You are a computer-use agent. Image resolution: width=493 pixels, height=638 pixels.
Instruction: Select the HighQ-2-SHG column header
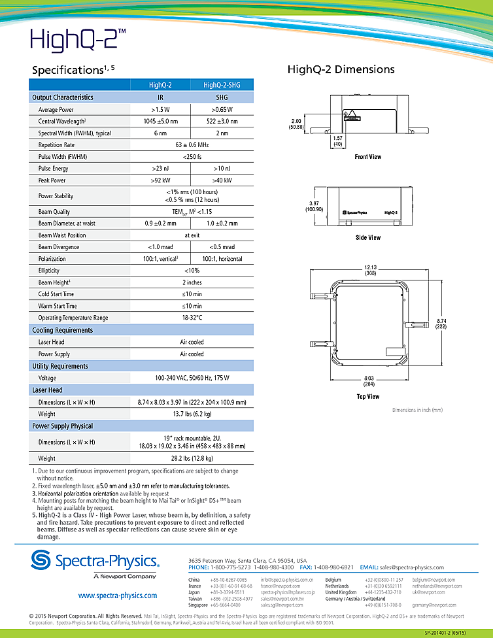[222, 85]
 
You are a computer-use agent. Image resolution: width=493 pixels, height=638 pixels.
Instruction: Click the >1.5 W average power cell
[160, 110]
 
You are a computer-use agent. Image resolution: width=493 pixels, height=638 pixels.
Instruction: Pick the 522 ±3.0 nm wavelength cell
[222, 122]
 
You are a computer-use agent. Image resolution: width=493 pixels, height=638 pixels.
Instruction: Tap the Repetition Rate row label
[56, 145]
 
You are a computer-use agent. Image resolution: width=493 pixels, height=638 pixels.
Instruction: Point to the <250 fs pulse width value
[192, 157]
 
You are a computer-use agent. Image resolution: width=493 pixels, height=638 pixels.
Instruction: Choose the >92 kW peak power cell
[160, 180]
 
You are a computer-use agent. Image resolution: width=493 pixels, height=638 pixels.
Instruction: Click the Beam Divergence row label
[59, 247]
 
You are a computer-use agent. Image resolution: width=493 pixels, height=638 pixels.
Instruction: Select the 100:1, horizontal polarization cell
[222, 259]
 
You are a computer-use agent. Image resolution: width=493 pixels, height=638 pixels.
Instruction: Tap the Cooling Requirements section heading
[62, 330]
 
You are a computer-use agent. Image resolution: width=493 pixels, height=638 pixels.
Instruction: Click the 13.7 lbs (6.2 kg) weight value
[192, 414]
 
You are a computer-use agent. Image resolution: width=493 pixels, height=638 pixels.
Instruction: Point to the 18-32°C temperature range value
[192, 318]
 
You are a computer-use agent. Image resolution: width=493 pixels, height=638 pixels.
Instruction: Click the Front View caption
[367, 157]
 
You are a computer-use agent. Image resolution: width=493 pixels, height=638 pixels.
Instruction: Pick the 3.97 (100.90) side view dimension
[314, 206]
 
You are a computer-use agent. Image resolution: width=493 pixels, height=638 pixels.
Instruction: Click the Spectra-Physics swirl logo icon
[41, 561]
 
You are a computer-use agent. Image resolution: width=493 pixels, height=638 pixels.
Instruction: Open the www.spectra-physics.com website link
[118, 596]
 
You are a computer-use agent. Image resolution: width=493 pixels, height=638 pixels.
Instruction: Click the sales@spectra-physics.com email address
[411, 567]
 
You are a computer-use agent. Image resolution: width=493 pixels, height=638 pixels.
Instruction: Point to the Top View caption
[367, 396]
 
